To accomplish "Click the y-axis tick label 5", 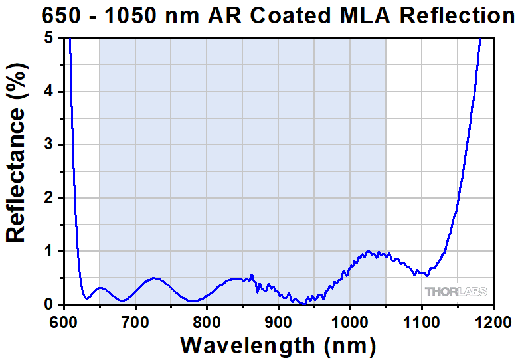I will [49, 39].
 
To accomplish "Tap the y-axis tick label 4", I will [49, 92].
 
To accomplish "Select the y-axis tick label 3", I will [49, 145].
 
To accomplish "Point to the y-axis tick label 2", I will [49, 198].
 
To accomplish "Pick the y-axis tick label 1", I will [49, 251].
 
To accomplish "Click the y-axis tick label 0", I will [49, 304].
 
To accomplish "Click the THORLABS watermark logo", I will [456, 292].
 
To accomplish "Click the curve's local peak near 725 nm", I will [153, 278].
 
